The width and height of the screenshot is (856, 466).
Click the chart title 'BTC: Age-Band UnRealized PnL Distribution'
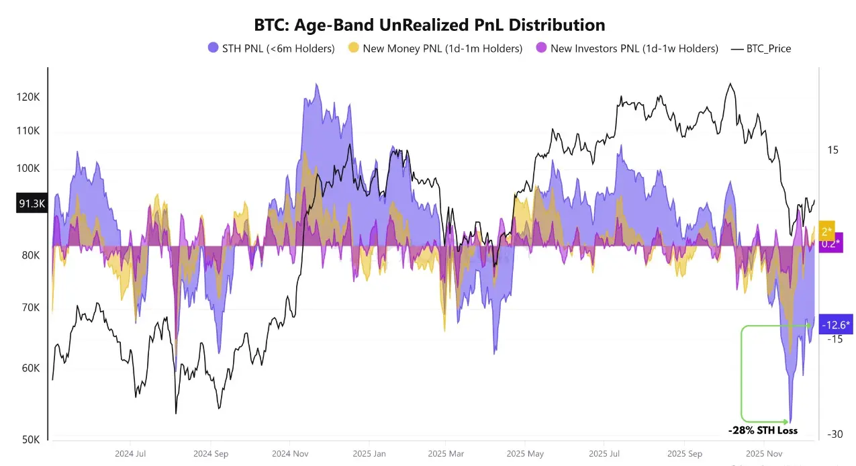pos(430,25)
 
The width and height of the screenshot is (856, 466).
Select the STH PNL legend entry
pos(271,48)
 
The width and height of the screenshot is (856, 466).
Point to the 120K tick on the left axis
pos(29,97)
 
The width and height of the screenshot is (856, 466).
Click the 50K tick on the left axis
pos(31,440)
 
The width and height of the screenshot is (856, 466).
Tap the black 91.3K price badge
pos(32,203)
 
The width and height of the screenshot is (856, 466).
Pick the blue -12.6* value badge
pos(835,326)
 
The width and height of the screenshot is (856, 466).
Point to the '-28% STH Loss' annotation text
pos(763,430)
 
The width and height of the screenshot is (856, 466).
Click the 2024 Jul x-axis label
pos(130,453)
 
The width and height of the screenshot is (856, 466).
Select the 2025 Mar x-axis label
pos(446,453)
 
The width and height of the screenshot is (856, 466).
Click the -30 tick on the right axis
pos(834,434)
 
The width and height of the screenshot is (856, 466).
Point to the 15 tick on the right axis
pos(833,150)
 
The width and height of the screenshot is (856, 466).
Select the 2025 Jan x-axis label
pos(369,453)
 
